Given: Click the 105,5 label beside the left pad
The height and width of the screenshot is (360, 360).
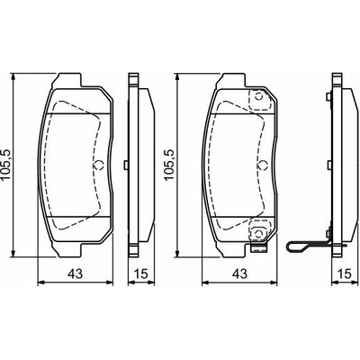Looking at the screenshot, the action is [6, 165].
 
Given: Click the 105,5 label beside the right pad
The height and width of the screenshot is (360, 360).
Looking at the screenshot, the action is [169, 165].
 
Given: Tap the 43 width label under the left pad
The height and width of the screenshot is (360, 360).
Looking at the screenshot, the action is [75, 274].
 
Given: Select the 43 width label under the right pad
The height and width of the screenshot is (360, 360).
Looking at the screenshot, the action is [240, 274].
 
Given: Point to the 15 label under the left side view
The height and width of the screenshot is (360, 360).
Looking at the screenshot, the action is [140, 274].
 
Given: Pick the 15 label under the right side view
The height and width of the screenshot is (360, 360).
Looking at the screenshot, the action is [345, 274].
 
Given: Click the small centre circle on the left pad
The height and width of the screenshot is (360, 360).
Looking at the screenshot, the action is [98, 165].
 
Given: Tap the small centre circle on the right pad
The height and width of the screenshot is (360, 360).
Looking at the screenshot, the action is [262, 165].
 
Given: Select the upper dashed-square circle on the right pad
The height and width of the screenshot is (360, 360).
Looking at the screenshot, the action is [258, 97].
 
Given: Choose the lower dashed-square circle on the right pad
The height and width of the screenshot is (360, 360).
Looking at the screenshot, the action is [258, 233].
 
